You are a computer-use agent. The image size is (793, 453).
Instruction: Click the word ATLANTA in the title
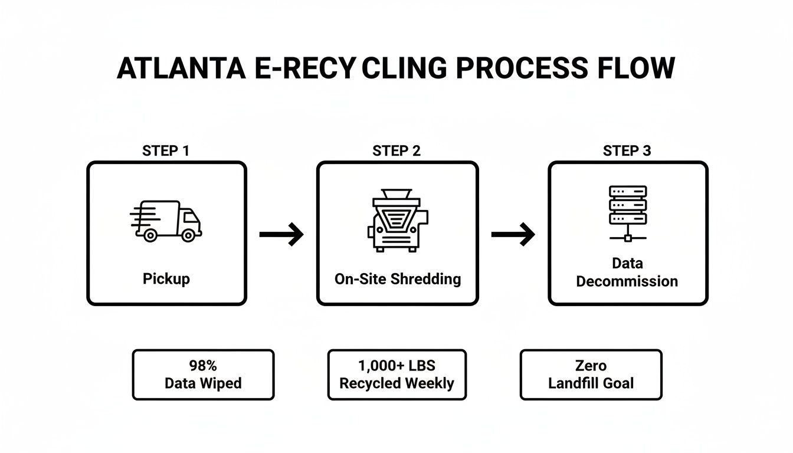click(181, 68)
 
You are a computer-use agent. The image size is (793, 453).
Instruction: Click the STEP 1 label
click(166, 150)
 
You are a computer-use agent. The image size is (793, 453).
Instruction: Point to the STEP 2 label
click(396, 150)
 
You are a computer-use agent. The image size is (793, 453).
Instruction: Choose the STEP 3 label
click(627, 150)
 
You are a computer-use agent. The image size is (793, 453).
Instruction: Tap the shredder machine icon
click(397, 220)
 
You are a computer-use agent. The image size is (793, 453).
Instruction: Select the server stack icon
click(628, 213)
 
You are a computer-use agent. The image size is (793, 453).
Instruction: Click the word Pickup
click(166, 278)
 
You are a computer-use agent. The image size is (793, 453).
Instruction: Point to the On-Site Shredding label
click(397, 278)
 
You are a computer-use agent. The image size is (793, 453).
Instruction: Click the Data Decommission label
click(627, 272)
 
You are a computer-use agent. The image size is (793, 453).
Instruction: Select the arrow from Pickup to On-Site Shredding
click(281, 235)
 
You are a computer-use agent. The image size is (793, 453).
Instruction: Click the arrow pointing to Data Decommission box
click(512, 235)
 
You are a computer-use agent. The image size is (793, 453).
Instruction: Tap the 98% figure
click(203, 366)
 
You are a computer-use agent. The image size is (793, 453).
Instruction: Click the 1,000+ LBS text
click(396, 366)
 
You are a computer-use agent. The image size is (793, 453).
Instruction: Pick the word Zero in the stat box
click(591, 366)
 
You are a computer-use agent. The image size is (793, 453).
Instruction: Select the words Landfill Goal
click(591, 383)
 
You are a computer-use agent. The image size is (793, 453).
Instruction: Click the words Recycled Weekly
click(396, 383)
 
